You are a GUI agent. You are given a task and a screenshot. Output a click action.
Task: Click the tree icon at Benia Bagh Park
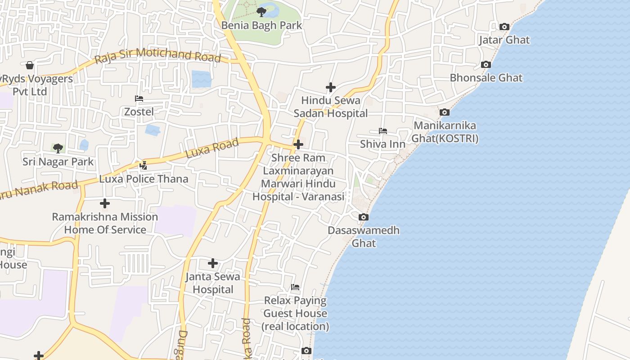(x=261, y=12)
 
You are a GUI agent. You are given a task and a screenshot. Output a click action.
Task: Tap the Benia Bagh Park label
(x=261, y=26)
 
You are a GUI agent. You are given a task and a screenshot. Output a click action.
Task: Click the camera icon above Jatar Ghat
(x=504, y=27)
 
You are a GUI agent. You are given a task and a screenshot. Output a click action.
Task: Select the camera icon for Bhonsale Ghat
(x=486, y=65)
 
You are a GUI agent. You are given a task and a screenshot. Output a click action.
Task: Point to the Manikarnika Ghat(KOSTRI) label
(x=445, y=132)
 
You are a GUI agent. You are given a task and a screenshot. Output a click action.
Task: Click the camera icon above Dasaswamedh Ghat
(x=364, y=217)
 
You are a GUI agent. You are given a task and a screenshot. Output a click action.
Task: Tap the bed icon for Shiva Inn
(x=383, y=131)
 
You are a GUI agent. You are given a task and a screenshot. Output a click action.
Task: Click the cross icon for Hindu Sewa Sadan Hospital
(x=331, y=87)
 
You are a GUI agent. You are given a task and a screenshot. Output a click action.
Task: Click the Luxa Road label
(x=211, y=148)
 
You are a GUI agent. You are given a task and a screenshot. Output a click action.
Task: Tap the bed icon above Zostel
(x=139, y=99)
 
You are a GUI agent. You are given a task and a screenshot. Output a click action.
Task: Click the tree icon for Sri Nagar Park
(x=58, y=148)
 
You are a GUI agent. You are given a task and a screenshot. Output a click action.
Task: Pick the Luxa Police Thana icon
(x=144, y=166)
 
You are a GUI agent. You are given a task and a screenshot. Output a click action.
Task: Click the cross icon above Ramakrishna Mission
(x=105, y=203)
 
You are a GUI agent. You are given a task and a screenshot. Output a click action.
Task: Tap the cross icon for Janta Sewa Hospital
(x=213, y=263)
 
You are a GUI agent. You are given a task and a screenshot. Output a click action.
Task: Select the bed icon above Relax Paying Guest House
(x=295, y=287)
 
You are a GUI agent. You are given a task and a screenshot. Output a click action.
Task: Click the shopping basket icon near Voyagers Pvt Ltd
(x=30, y=66)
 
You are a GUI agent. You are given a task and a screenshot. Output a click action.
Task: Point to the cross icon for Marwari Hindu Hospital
(x=298, y=144)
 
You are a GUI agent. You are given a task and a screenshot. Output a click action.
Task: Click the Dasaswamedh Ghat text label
(x=364, y=237)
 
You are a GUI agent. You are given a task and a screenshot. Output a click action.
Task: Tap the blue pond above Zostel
(x=201, y=79)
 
